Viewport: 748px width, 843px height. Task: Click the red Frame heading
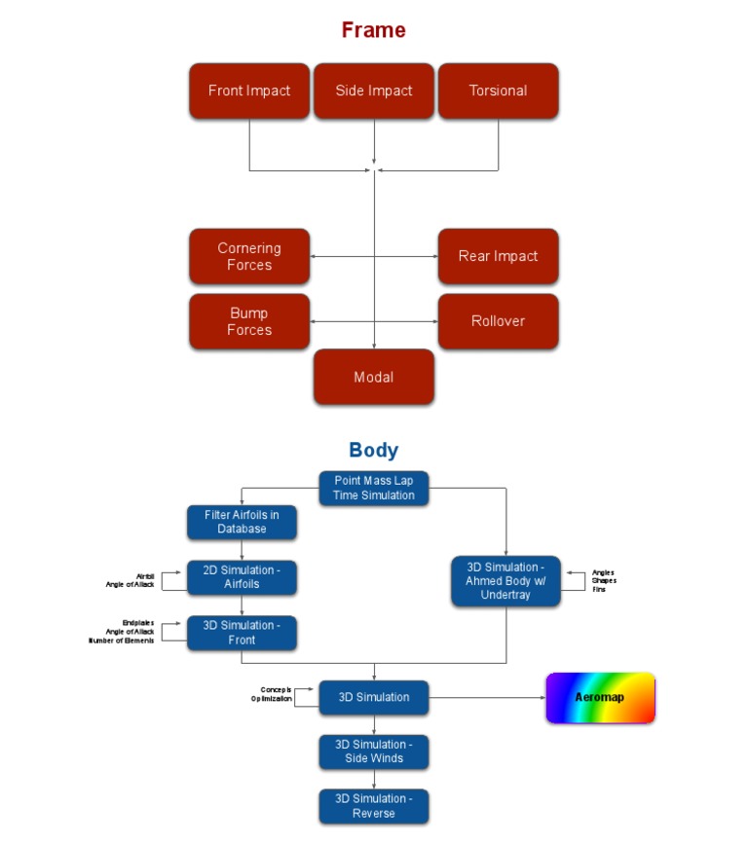point(373,30)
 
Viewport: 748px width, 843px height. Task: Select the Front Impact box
point(249,91)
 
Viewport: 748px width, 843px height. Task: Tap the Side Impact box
point(374,91)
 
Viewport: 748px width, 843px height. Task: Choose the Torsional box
point(498,91)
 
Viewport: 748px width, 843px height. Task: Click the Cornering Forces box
point(249,256)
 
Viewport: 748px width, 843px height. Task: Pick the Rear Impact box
point(498,256)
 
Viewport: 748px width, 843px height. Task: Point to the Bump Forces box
point(249,321)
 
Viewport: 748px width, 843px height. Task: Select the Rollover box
point(498,320)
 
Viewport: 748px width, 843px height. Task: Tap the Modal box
point(374,377)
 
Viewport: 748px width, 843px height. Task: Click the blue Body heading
point(373,450)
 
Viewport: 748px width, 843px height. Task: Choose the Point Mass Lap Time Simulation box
point(374,488)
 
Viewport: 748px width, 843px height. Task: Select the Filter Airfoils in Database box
point(242,522)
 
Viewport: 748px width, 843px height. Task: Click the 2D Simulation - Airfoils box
point(242,577)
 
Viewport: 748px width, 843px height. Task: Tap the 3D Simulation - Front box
point(242,633)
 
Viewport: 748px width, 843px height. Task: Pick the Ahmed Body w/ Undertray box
point(505,581)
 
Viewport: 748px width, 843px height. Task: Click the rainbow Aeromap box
point(600,698)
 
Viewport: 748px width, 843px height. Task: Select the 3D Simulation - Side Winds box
point(374,751)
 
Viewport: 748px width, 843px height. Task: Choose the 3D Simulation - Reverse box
point(374,806)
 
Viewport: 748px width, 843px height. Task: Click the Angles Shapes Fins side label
point(604,581)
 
